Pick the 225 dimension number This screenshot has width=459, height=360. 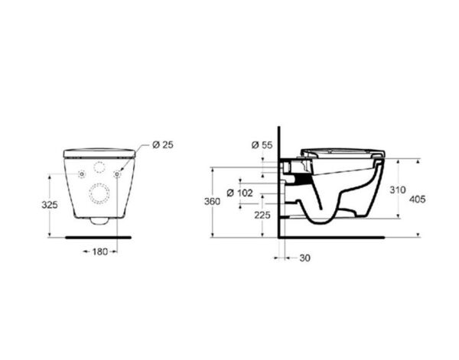[x=262, y=216]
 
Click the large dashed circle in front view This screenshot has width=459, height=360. [x=99, y=194]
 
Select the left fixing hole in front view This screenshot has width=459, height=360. [x=81, y=174]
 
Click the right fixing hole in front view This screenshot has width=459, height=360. [x=117, y=174]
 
